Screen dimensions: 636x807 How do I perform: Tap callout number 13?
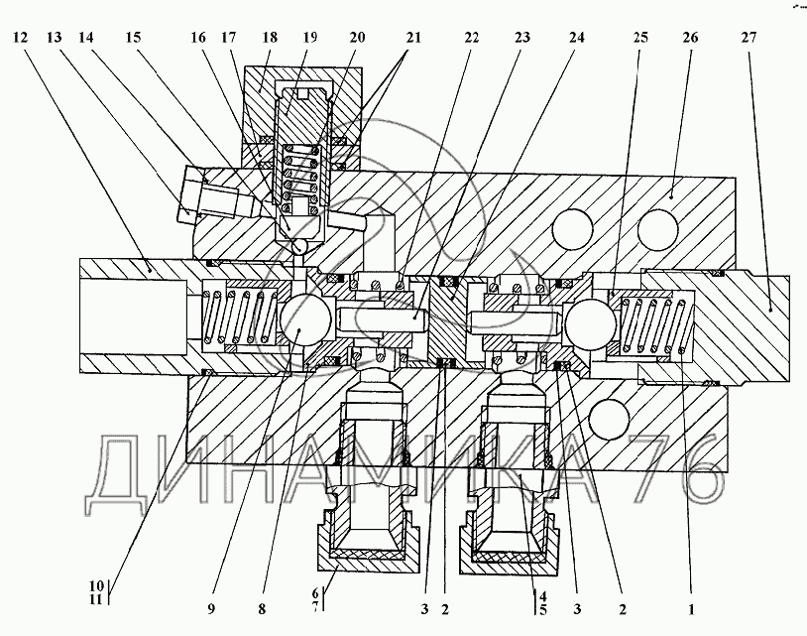pos(54,39)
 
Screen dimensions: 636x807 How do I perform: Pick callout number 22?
pos(472,39)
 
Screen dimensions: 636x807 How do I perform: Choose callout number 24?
pos(576,39)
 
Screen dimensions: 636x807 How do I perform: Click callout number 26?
pos(690,39)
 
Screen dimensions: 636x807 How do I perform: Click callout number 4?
pos(542,593)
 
